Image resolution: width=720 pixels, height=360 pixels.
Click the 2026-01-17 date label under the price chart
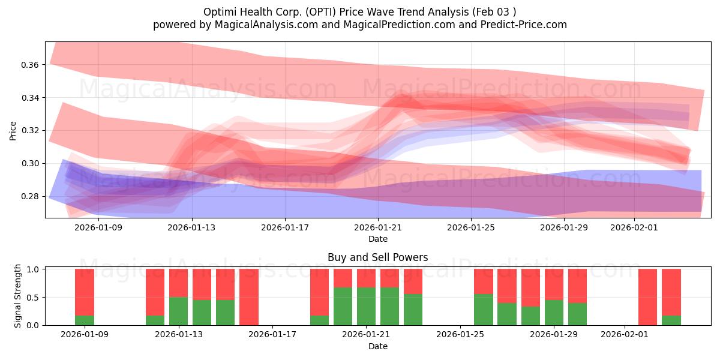click(x=285, y=227)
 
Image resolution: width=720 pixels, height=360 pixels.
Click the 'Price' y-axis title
click(x=13, y=130)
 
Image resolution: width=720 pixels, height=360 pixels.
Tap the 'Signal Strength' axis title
click(x=18, y=296)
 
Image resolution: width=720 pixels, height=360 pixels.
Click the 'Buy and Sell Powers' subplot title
click(x=377, y=257)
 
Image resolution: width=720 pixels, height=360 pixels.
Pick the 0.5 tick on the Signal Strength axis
click(x=34, y=298)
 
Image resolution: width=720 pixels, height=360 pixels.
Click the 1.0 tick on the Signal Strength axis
click(x=34, y=269)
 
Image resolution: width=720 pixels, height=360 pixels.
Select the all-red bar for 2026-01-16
click(x=248, y=297)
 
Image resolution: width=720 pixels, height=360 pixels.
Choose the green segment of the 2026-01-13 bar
click(x=178, y=311)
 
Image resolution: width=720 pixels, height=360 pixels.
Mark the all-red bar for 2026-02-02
click(x=647, y=297)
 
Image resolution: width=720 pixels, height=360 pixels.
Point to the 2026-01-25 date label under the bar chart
click(x=460, y=335)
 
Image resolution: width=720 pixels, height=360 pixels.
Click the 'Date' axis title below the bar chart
click(x=377, y=346)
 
